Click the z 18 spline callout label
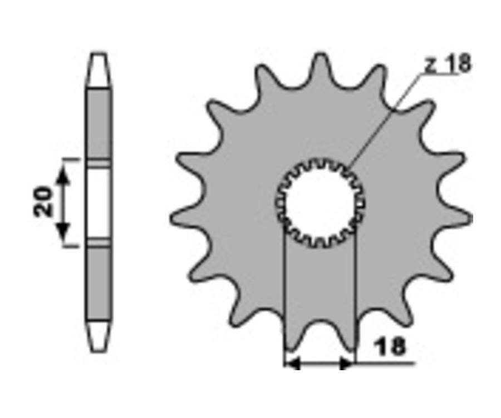click(448, 63)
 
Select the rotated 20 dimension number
click(43, 202)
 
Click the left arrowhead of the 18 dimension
click(293, 363)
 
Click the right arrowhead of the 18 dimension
click(346, 363)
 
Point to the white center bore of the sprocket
click(320, 203)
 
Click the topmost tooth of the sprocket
click(320, 68)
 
